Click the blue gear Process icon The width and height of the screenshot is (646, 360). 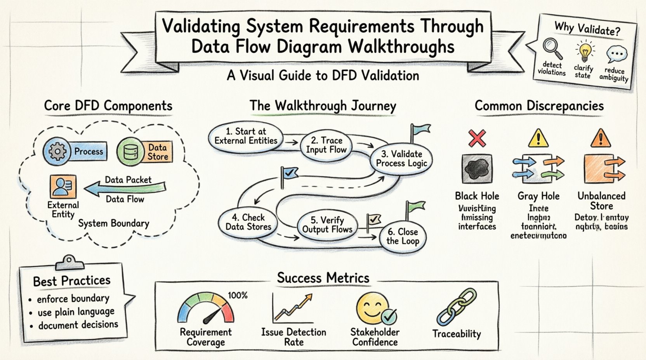tap(57, 151)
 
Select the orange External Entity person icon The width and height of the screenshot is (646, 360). tap(63, 187)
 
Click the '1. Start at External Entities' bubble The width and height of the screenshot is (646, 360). tap(246, 136)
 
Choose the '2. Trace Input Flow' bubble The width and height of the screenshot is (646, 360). tap(326, 145)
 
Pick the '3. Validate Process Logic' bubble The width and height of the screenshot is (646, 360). tap(401, 159)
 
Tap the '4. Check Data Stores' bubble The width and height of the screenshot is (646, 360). tap(248, 222)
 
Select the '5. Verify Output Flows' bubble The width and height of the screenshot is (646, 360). tap(327, 225)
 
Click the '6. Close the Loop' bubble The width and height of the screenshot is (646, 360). tap(403, 237)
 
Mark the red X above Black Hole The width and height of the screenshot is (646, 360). tap(477, 138)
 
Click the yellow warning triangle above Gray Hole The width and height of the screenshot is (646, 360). tap(538, 138)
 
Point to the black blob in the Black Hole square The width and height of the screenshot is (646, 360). tap(477, 169)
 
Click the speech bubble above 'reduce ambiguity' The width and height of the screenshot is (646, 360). tap(616, 55)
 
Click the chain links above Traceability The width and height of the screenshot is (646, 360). tap(457, 306)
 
